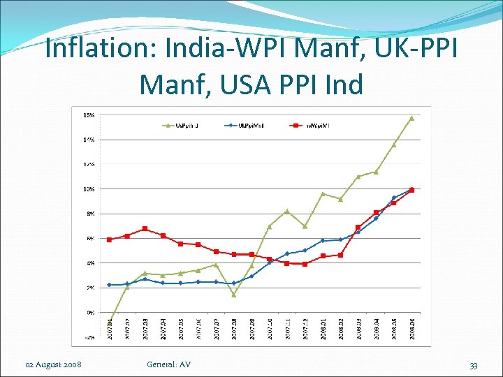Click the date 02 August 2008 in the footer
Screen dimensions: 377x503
coord(53,364)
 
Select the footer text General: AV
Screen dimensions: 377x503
coord(169,364)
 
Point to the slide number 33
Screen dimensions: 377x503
coord(473,365)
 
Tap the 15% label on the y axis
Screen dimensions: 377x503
coord(89,114)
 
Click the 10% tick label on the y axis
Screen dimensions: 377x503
coord(89,189)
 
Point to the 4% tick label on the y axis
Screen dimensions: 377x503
coord(91,263)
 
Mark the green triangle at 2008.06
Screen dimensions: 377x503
coord(411,118)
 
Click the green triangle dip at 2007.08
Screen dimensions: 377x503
coord(233,295)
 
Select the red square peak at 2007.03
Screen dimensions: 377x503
coord(145,229)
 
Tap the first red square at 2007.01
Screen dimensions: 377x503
coord(109,239)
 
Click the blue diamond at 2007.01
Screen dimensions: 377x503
coord(109,285)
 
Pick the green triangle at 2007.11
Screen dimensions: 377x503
coord(286,211)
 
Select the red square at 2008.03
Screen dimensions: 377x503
coord(358,228)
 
